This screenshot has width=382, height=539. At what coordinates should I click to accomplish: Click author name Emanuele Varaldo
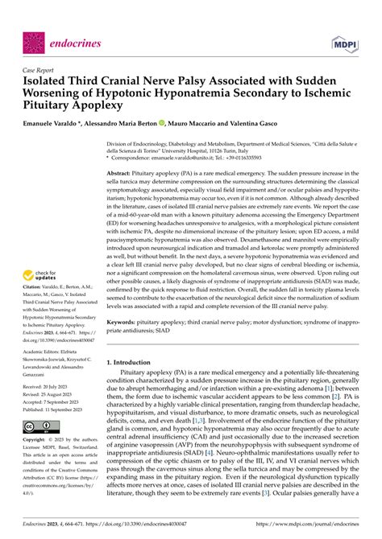60,126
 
